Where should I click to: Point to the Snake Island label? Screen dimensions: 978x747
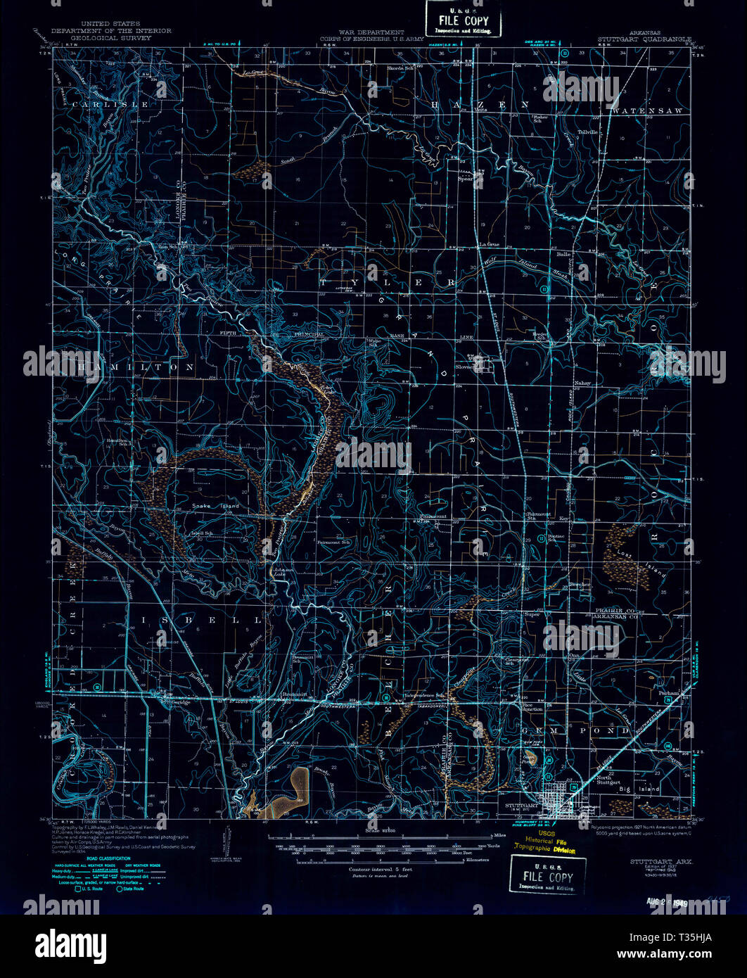pyautogui.click(x=215, y=506)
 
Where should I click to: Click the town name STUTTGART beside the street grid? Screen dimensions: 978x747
pyautogui.click(x=522, y=804)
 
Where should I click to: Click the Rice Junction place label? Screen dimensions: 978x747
pyautogui.click(x=532, y=706)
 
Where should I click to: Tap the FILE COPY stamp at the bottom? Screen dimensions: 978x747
pyautogui.click(x=547, y=876)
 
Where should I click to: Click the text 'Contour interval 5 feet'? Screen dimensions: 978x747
pyautogui.click(x=380, y=870)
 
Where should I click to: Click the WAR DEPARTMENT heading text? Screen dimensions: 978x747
pyautogui.click(x=371, y=32)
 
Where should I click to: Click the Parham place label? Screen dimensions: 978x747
pyautogui.click(x=670, y=693)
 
